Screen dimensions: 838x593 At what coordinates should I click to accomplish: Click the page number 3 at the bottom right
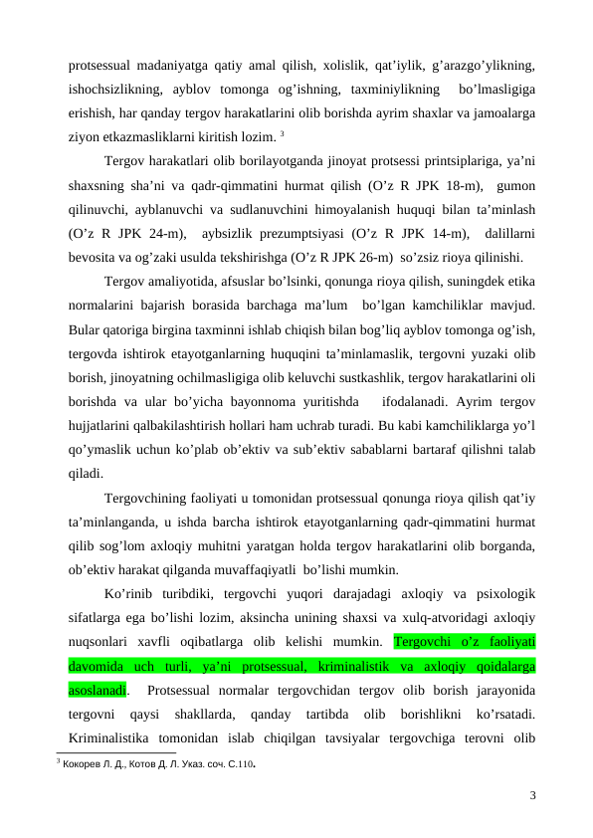click(533, 794)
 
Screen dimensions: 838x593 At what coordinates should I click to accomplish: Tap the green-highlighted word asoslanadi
click(98, 690)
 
